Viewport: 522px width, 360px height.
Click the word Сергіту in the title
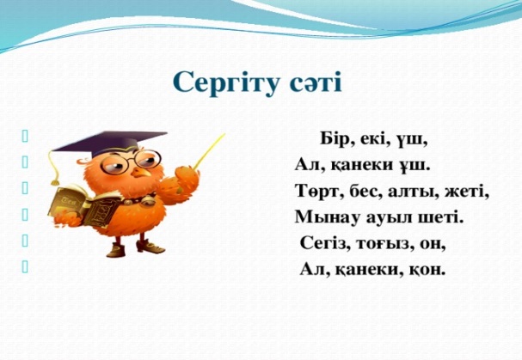[x=225, y=82]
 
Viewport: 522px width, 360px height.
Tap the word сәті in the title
[x=316, y=83]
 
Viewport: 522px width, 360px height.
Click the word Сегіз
[x=322, y=244]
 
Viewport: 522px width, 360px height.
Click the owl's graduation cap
[x=109, y=143]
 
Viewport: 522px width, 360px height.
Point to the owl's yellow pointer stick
[x=209, y=151]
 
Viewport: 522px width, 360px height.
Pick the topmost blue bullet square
[x=25, y=137]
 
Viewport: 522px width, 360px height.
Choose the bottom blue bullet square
[x=25, y=267]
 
